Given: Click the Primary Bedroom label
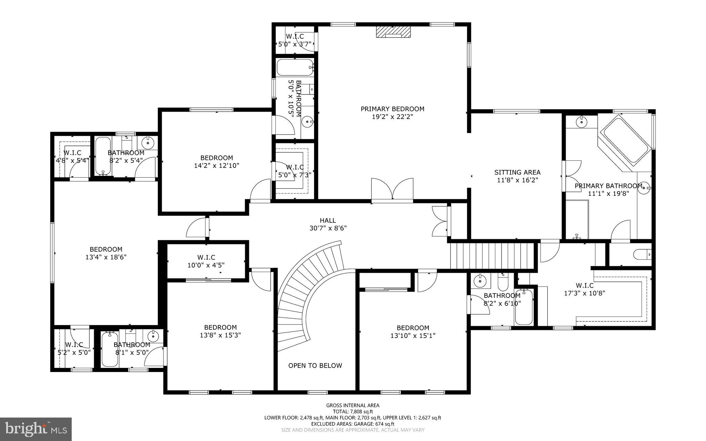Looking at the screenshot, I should pos(392,109).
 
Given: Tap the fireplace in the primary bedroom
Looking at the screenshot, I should pos(393,32).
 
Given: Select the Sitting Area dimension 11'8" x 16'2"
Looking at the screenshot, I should pos(517,180).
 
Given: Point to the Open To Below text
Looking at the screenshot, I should pos(315,365).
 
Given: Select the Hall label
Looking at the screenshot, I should pos(327,220).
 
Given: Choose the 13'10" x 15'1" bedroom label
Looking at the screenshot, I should pos(413,328).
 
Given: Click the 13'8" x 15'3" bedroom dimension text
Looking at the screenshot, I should pos(220,335).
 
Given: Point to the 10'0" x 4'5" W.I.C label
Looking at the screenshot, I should pos(206,258).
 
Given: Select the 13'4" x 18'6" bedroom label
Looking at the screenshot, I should pos(106,249).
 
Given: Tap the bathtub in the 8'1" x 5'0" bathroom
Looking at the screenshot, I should pos(110,349).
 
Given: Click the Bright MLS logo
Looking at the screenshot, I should pos(36,429).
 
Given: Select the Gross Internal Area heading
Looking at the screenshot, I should pos(353,405).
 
